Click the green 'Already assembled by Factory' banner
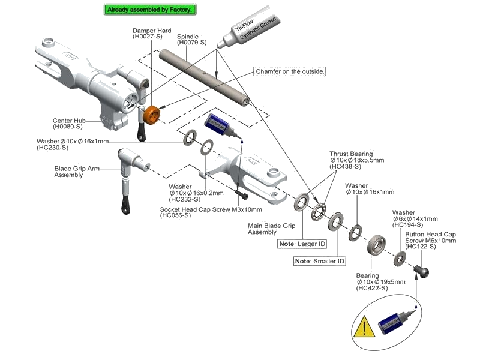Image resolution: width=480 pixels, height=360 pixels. pyautogui.click(x=150, y=10)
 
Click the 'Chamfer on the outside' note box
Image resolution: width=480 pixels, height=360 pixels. pyautogui.click(x=290, y=71)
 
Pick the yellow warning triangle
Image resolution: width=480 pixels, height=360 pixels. pyautogui.click(x=363, y=328)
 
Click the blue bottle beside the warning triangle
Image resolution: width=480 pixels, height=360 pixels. pyautogui.click(x=392, y=325)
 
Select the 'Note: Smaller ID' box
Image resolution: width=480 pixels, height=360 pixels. pyautogui.click(x=320, y=262)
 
